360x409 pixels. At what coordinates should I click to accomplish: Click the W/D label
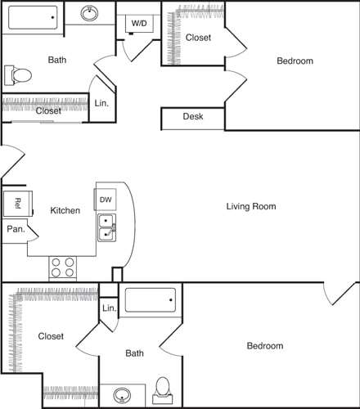(138, 23)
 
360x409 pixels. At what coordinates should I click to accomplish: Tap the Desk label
(192, 117)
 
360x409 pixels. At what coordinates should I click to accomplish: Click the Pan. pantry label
(16, 230)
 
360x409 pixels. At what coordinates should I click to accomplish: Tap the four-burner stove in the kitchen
(63, 267)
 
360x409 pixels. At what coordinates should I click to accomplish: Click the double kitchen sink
(107, 228)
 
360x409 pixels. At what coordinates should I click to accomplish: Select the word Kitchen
(65, 211)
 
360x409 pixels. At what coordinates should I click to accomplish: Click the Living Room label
(251, 207)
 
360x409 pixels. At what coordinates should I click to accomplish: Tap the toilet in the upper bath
(19, 76)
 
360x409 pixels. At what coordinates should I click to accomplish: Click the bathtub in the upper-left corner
(33, 16)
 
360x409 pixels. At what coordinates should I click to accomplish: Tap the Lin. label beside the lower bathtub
(109, 308)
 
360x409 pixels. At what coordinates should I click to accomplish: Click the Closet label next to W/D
(198, 38)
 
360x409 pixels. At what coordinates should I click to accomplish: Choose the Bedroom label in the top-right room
(295, 61)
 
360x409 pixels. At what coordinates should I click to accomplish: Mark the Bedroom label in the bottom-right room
(265, 346)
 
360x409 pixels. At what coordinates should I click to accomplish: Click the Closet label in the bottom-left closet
(51, 335)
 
